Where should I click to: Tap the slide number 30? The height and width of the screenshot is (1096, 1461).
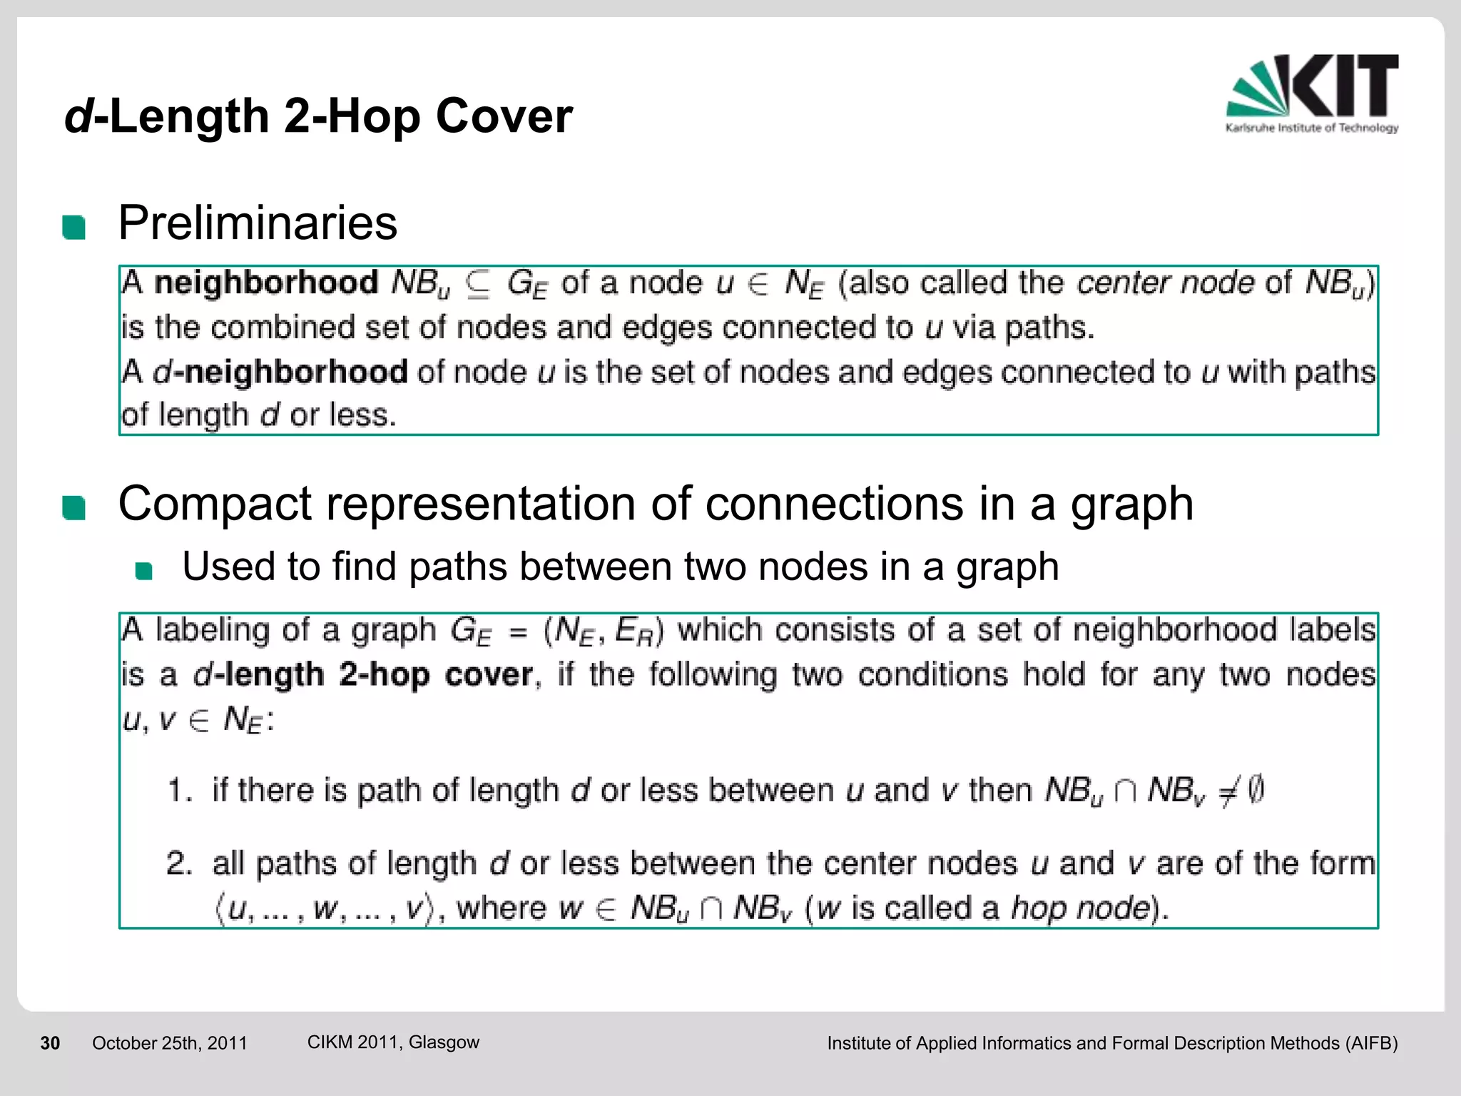[50, 1043]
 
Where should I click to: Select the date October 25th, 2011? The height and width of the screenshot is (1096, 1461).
[170, 1043]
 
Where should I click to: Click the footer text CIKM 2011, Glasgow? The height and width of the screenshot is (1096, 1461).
[393, 1042]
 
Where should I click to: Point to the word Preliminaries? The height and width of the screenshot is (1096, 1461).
[258, 223]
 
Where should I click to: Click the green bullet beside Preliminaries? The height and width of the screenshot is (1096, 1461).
[73, 228]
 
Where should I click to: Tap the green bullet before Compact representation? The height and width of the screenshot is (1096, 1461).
[73, 508]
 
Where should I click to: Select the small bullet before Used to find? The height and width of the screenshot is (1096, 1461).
[144, 571]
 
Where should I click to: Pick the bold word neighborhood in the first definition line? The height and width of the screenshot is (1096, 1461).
[266, 283]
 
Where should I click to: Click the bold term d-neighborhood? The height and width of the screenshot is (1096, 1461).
[280, 372]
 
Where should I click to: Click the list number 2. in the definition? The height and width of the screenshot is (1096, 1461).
[179, 864]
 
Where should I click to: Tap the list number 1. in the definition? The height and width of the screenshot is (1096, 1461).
[179, 791]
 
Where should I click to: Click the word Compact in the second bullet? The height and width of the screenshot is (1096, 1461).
[215, 504]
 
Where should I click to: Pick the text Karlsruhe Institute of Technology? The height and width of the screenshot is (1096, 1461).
[1312, 128]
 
